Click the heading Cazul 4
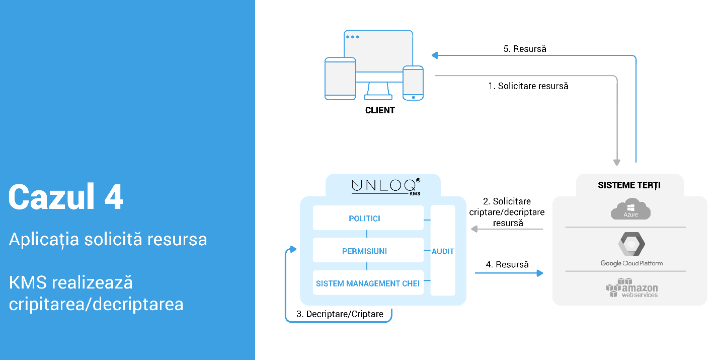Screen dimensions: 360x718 pos(66,197)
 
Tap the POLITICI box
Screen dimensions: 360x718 pos(368,219)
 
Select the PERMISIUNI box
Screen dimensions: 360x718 pos(368,251)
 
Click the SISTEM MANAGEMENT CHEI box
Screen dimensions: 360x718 pos(368,283)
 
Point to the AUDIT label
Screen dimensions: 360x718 pos(443,251)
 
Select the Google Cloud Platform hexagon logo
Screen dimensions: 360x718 pos(631,245)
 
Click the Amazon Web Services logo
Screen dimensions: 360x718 pos(632,288)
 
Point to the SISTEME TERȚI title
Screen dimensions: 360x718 pos(629,185)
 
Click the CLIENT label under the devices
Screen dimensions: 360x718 pos(380,110)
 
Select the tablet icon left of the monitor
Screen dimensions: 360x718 pos(340,78)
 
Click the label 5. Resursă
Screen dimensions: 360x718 pos(525,49)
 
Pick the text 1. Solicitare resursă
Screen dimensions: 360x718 pos(528,86)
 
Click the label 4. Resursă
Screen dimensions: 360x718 pos(507,264)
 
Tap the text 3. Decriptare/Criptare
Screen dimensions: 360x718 pos(340,314)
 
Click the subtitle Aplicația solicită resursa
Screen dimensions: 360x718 pos(108,239)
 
